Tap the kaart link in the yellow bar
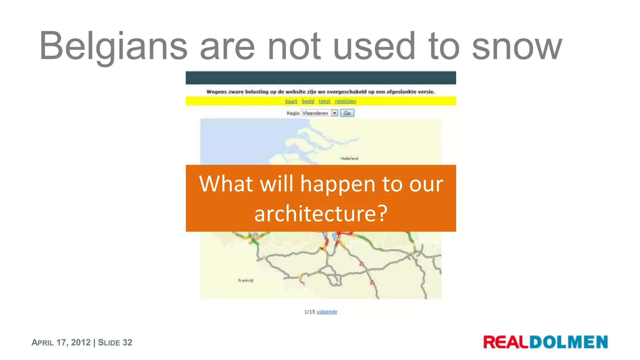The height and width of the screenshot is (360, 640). pos(291,101)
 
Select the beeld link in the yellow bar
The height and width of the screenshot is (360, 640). pos(308,101)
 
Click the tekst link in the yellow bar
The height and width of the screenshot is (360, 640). pos(324,101)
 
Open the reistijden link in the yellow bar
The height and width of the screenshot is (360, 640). pos(345,101)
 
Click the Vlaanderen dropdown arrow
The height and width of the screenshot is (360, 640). pos(335,113)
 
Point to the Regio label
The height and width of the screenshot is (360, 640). pos(293,113)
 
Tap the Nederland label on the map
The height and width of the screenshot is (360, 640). pos(349,158)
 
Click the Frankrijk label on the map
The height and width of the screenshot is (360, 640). pos(246,280)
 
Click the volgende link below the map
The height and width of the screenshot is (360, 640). pos(327,312)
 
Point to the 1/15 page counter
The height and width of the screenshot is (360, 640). pos(310,312)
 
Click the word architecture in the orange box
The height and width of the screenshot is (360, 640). pos(321,214)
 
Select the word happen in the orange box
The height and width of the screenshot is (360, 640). pos(337,184)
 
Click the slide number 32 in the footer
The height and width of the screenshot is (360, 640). pos(127,342)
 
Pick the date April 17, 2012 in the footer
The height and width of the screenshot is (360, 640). pos(61,342)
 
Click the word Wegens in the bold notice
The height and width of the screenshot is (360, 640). pos(216,92)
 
